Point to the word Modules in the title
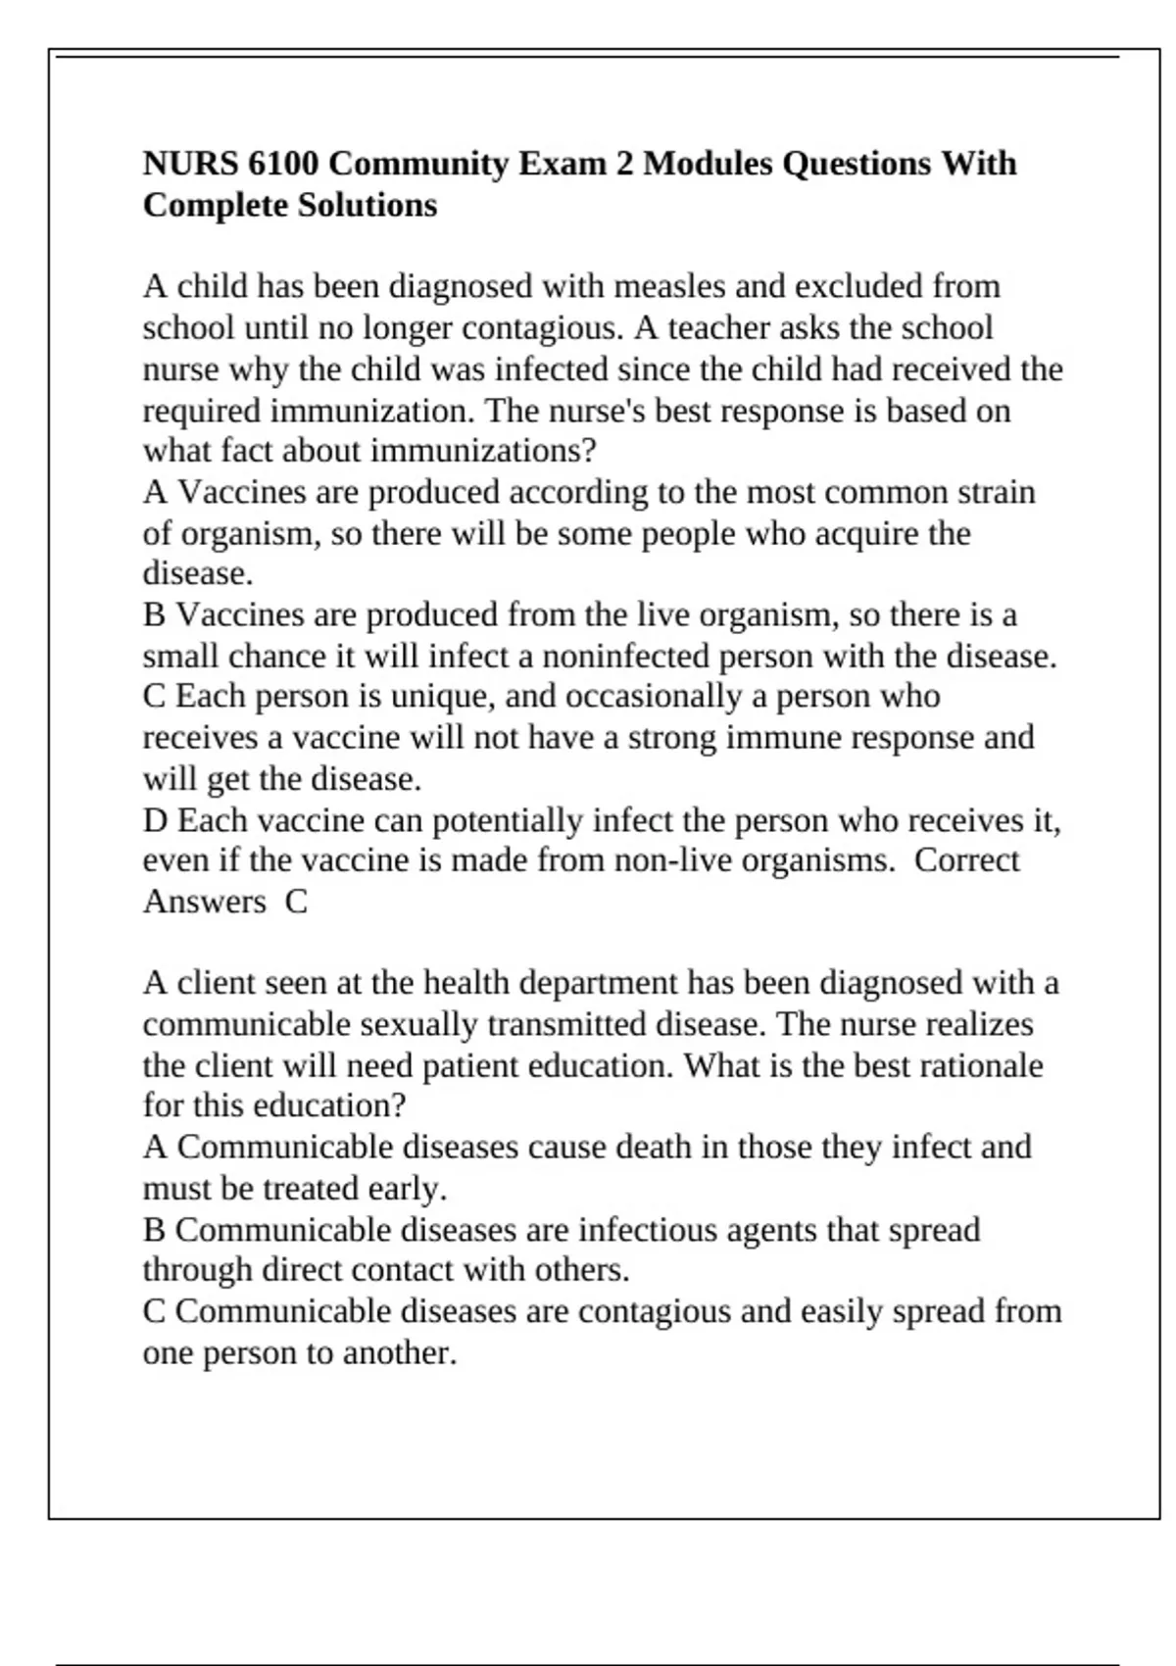(708, 163)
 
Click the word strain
(996, 492)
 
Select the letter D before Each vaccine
(156, 820)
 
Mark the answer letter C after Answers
(296, 902)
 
